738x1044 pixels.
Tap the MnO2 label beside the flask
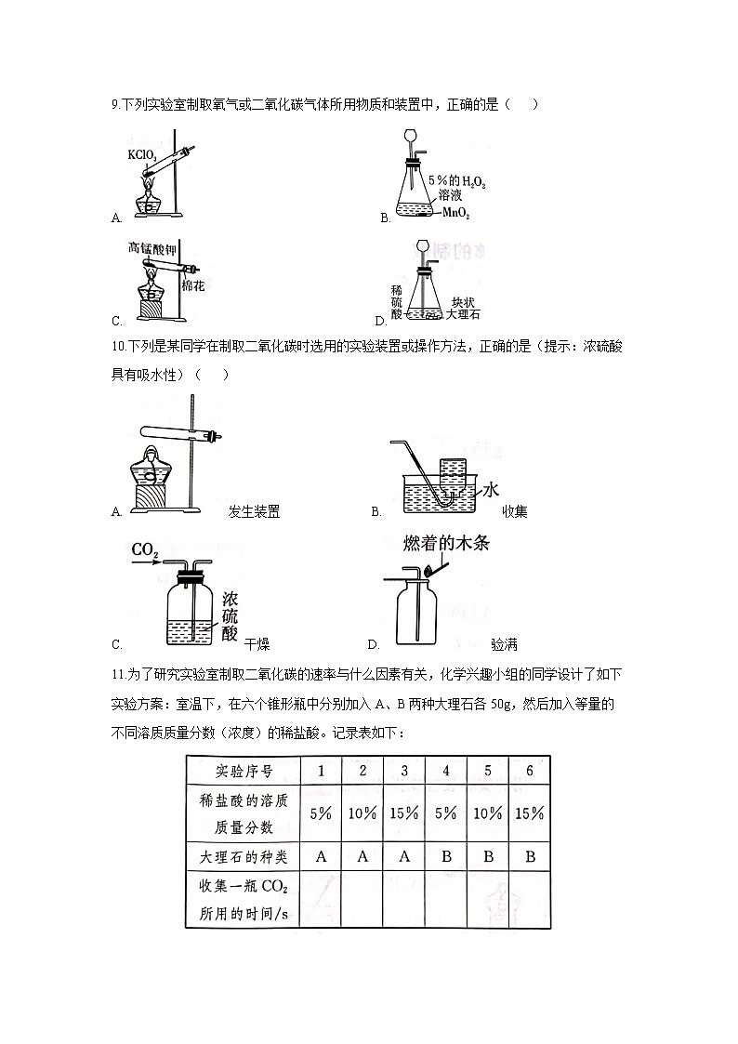[455, 214]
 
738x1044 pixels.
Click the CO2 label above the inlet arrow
[145, 550]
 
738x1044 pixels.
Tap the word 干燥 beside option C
[257, 644]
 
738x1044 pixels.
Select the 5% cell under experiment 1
[321, 813]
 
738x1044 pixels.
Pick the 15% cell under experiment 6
[529, 813]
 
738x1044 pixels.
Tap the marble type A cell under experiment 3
[404, 856]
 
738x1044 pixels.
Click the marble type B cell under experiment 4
[446, 856]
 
